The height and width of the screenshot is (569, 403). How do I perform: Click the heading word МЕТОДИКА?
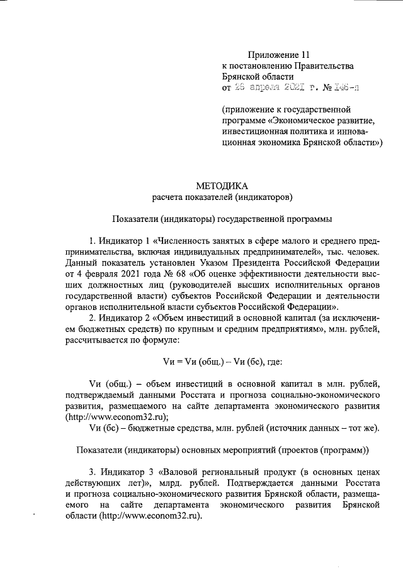tap(222, 185)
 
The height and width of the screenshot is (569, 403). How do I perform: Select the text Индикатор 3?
tap(126, 470)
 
